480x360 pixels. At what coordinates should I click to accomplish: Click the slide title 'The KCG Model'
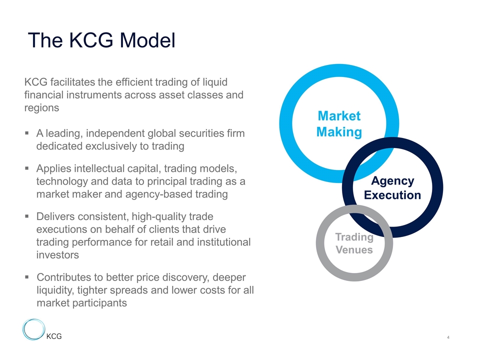click(x=101, y=40)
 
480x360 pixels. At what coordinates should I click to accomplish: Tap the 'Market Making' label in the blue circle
click(x=339, y=124)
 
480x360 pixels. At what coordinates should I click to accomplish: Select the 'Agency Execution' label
click(x=392, y=188)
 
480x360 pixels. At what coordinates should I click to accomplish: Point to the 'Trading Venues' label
click(x=354, y=243)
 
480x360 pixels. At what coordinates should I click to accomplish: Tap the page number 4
click(x=448, y=337)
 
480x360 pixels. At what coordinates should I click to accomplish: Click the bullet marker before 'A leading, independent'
click(x=27, y=133)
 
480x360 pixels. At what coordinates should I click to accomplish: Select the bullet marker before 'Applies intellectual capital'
click(x=27, y=168)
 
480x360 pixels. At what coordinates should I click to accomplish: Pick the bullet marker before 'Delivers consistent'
click(x=27, y=216)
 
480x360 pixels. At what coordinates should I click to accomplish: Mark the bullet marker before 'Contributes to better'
click(x=27, y=277)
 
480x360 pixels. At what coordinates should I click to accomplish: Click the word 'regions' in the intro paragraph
click(x=41, y=108)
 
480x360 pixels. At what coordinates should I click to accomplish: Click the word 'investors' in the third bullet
click(x=57, y=255)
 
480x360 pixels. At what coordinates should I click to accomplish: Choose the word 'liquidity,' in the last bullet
click(x=55, y=290)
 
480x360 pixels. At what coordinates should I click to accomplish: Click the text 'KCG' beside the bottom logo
click(x=54, y=336)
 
